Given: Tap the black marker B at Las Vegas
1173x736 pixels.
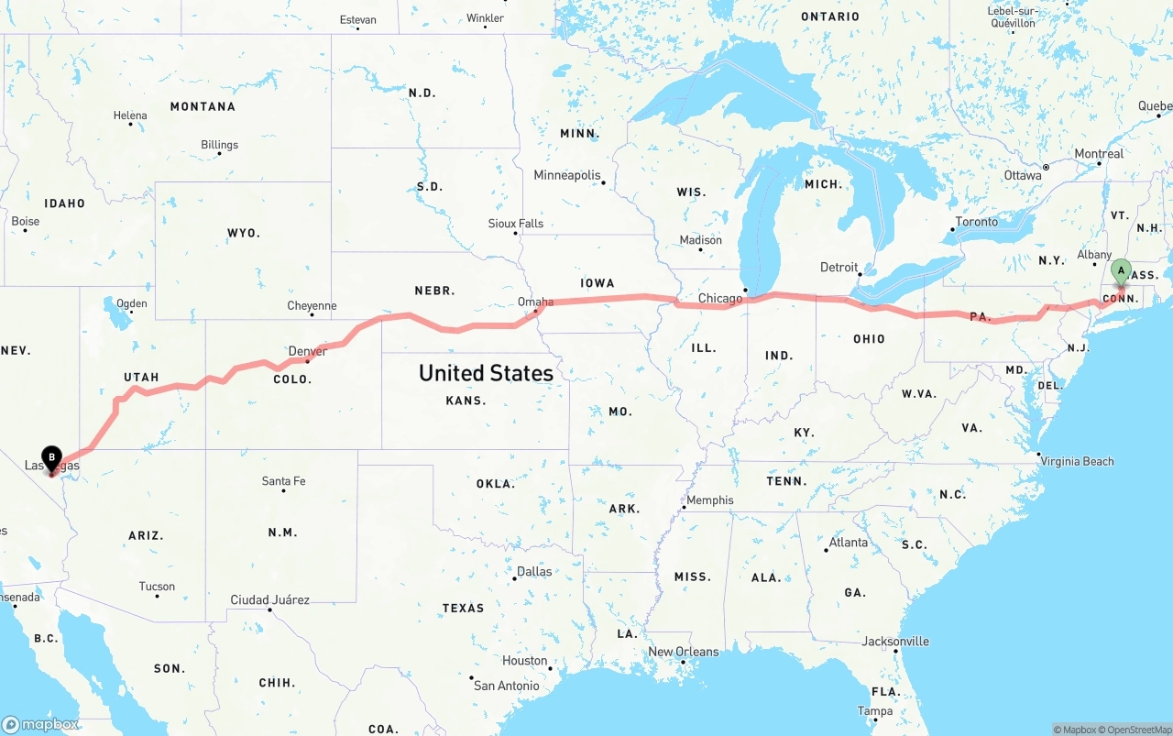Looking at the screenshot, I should click(52, 456).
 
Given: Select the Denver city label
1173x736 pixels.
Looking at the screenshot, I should click(307, 351).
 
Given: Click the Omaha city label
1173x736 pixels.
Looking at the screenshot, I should click(535, 302).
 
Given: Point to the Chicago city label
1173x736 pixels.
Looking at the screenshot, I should click(720, 298).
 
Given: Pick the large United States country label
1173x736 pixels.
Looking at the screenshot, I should click(486, 373).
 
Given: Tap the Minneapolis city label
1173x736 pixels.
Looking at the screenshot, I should click(567, 175).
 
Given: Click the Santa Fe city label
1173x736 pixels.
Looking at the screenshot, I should click(283, 480).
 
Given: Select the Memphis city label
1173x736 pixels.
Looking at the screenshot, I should click(710, 500).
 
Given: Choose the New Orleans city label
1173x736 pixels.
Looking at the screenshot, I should click(684, 652).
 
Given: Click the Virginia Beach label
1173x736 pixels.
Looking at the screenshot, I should click(1077, 461).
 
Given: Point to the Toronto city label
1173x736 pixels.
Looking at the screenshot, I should click(977, 222).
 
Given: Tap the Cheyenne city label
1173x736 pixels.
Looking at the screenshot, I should click(312, 305).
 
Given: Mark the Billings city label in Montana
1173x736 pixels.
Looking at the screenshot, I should click(219, 145).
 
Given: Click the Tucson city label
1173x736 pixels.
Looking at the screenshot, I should click(157, 587).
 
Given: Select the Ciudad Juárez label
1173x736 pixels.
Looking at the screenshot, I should click(269, 600).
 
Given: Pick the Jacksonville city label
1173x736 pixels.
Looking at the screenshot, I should click(895, 642).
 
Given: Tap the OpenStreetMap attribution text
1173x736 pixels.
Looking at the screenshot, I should click(1139, 730).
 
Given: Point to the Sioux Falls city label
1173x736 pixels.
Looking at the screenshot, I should click(515, 224).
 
